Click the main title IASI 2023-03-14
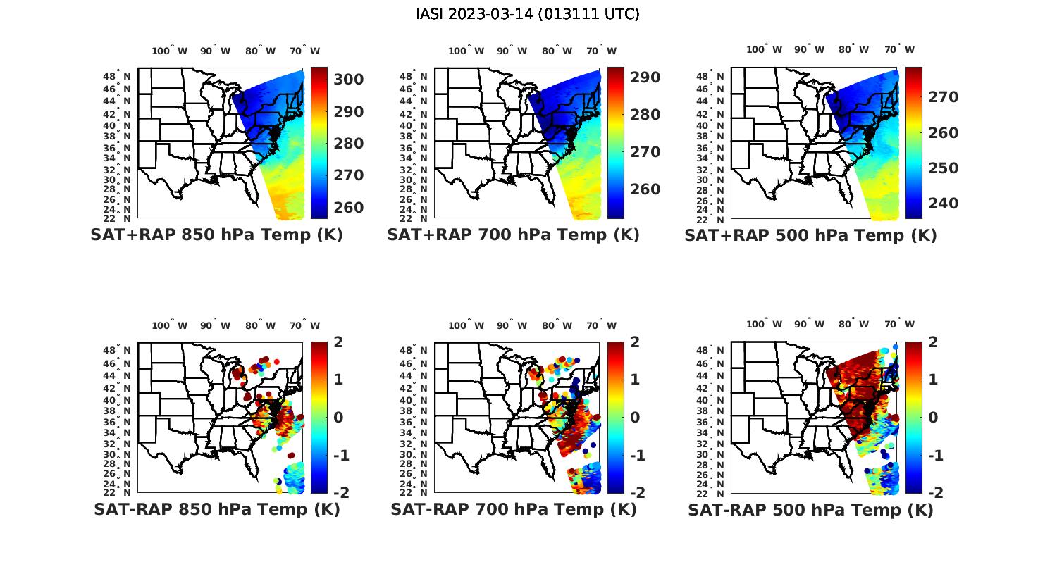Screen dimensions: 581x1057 click(x=528, y=14)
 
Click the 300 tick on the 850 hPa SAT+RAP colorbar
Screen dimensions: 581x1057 click(x=349, y=80)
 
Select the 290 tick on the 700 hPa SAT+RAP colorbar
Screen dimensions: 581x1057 click(x=645, y=77)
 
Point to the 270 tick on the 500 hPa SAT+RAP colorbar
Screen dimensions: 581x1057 click(x=944, y=97)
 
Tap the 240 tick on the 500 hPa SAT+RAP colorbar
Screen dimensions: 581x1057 click(x=944, y=204)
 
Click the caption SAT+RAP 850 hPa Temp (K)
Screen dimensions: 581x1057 click(x=216, y=235)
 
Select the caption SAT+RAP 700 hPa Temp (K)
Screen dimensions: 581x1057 click(x=513, y=235)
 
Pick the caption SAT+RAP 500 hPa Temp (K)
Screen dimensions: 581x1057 click(x=810, y=236)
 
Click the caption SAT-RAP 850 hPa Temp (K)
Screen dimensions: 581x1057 click(x=216, y=510)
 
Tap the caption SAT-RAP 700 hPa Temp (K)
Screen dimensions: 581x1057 click(x=513, y=510)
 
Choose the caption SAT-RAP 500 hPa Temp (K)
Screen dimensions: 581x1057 click(x=810, y=511)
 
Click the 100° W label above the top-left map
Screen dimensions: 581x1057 click(x=169, y=51)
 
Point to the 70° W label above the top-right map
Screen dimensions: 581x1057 click(x=899, y=49)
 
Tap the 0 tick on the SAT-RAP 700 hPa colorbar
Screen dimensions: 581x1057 click(x=631, y=417)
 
